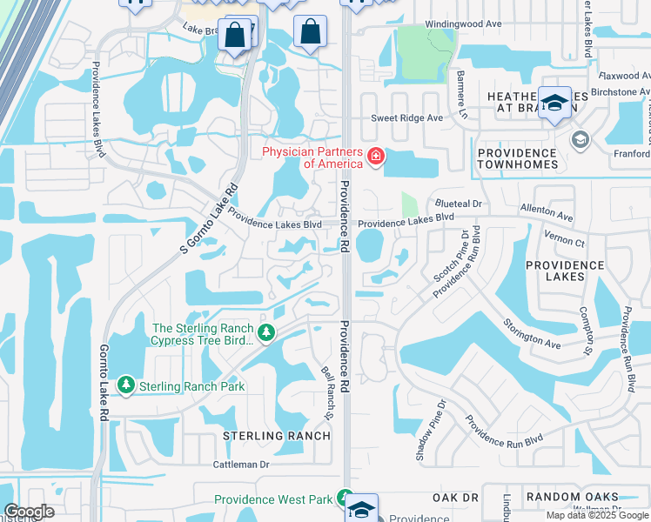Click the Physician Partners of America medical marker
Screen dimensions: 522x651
pos(376,157)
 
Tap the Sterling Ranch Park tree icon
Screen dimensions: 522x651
pos(127,385)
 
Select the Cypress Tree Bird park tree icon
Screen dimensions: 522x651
pos(266,331)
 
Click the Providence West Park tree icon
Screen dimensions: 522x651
pos(346,499)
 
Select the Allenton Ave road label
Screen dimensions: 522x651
pos(547,212)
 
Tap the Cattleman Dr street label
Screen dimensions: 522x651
pos(241,465)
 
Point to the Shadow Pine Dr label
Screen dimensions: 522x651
pos(429,431)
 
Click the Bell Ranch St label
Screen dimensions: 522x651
pos(328,391)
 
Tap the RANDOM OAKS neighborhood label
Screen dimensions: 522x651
pos(572,497)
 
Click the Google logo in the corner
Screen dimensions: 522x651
pos(30,512)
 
